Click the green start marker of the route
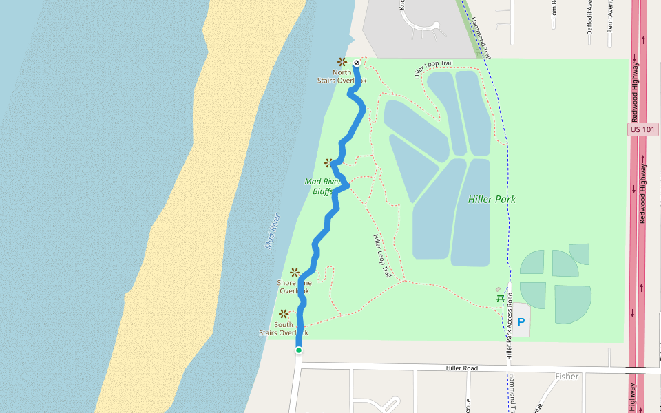coord(299,350)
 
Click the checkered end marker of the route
coord(357,63)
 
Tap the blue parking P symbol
coord(521,321)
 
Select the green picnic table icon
coord(500,299)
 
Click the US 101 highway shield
coord(643,129)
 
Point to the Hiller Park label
coord(492,200)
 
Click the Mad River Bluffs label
coord(323,187)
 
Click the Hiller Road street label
coord(461,368)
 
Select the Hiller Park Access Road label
coord(510,326)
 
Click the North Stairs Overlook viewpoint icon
coord(342,62)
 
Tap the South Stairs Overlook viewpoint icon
coord(283,314)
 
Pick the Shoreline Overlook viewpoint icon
coord(295,273)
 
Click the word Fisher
coord(567,377)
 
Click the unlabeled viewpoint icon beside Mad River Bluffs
coord(329,163)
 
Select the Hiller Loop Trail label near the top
coord(433,68)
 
